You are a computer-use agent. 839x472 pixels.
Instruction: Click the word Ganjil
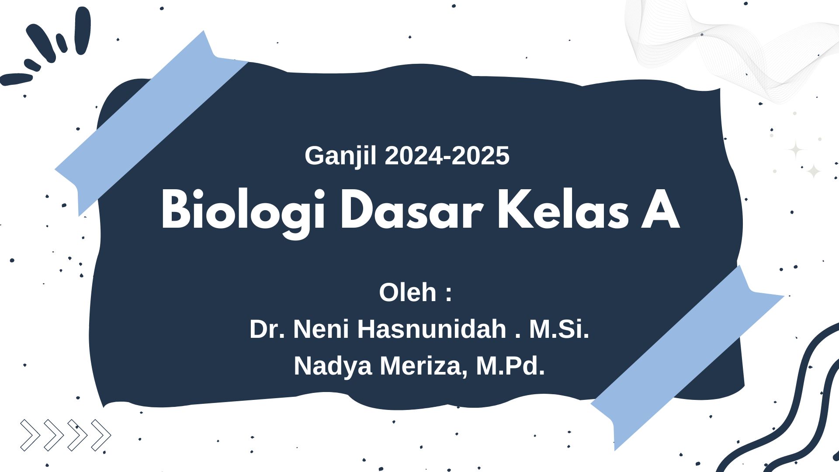click(340, 156)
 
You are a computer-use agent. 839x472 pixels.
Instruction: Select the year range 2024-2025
click(447, 156)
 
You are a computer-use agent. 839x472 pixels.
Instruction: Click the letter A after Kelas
click(660, 210)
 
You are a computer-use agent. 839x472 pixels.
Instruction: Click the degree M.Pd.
click(510, 366)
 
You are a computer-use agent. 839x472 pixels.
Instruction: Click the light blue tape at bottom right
click(687, 357)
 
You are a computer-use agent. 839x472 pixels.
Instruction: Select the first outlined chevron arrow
click(30, 435)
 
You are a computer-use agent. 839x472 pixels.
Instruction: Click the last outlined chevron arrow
click(101, 435)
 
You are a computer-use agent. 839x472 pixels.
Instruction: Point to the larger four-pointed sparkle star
click(796, 149)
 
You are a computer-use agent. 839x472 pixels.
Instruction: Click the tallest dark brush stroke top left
click(83, 31)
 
